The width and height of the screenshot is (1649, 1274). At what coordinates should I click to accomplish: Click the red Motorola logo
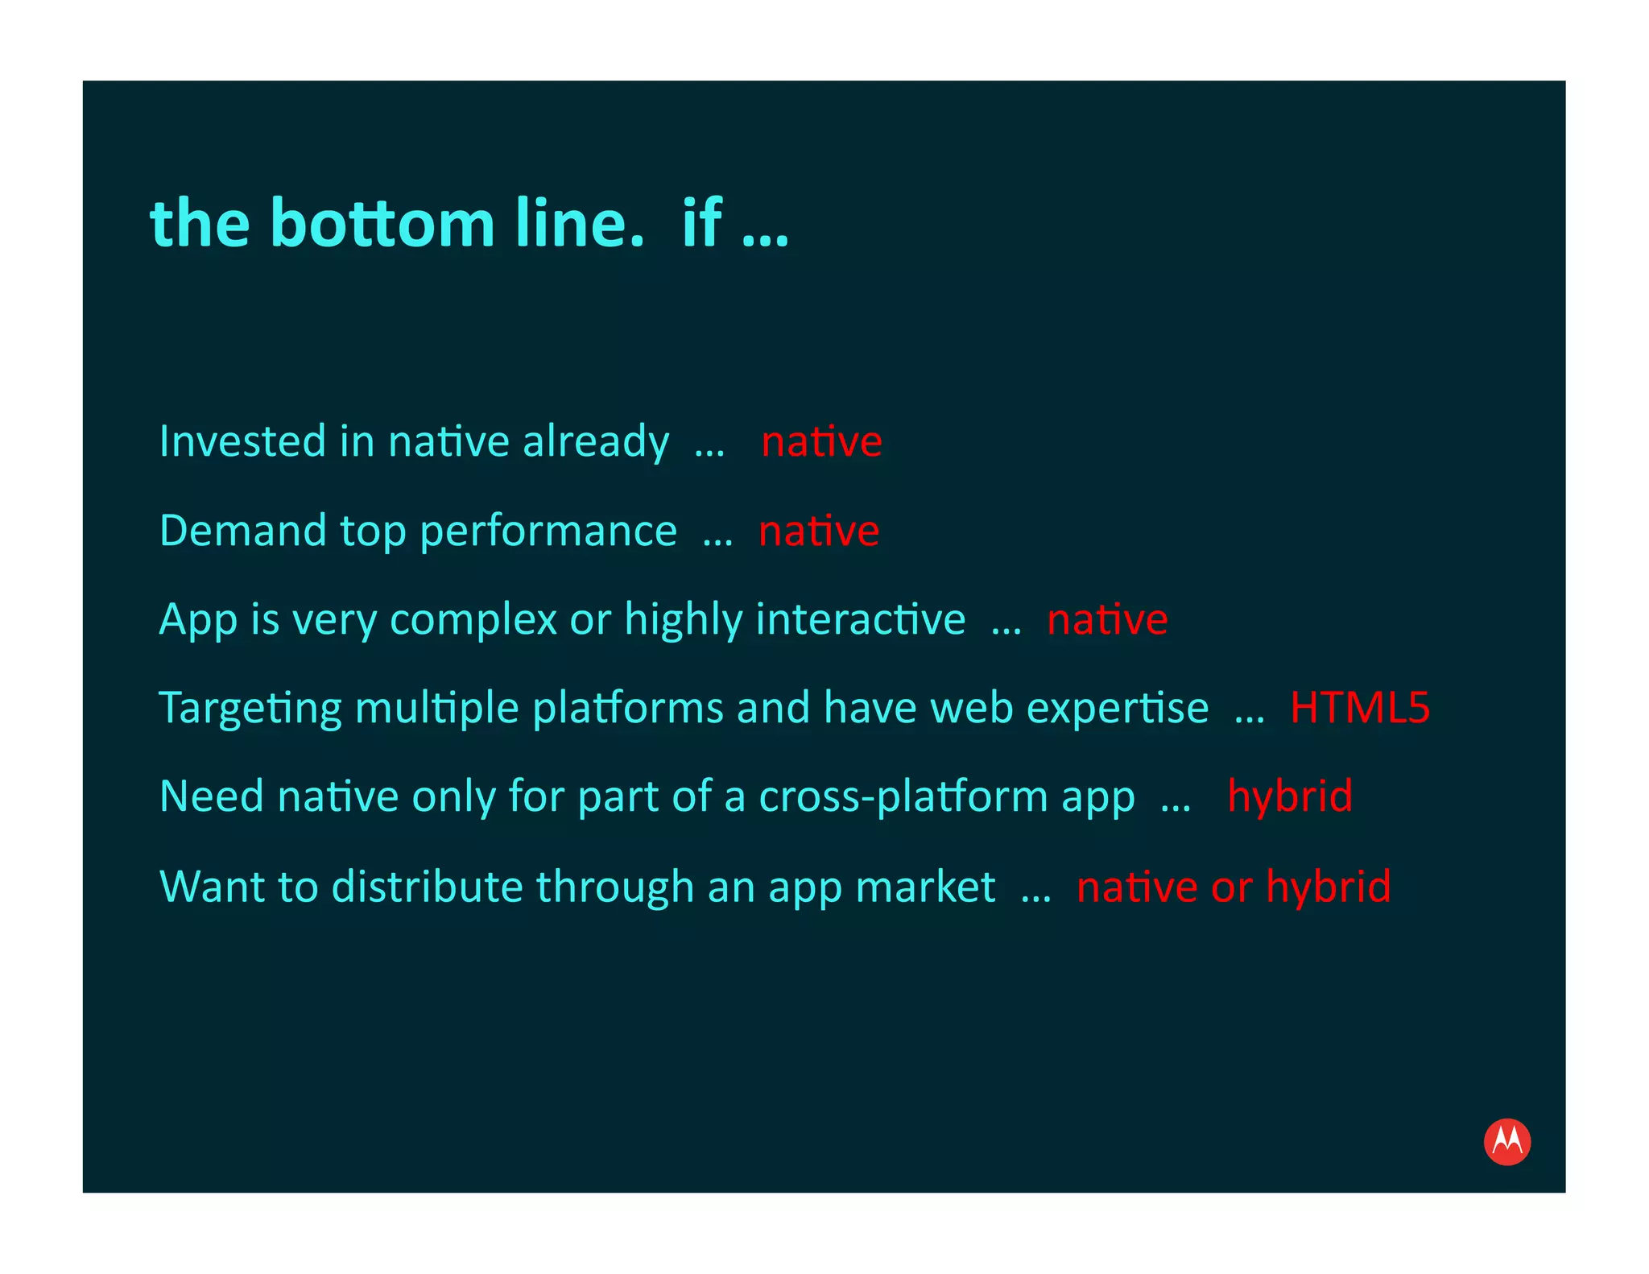click(1506, 1141)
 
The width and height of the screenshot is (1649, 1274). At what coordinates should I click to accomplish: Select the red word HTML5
click(1359, 708)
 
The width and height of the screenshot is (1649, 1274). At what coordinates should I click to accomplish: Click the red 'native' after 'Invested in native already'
click(821, 442)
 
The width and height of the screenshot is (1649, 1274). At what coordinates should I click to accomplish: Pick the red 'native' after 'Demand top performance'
click(819, 532)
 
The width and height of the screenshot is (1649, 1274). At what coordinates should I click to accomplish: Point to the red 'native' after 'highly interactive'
click(1107, 620)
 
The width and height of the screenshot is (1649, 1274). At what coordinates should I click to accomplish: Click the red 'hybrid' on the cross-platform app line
click(1289, 796)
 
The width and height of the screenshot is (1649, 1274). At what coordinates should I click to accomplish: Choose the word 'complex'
click(473, 621)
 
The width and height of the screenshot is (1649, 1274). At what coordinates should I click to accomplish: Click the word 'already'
click(596, 443)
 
